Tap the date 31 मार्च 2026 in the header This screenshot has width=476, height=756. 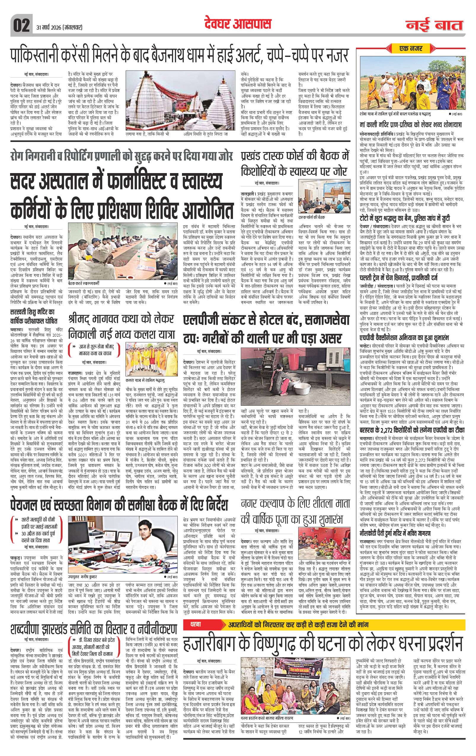57,27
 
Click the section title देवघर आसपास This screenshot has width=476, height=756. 237,24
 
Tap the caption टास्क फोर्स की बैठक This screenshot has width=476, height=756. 312,217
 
